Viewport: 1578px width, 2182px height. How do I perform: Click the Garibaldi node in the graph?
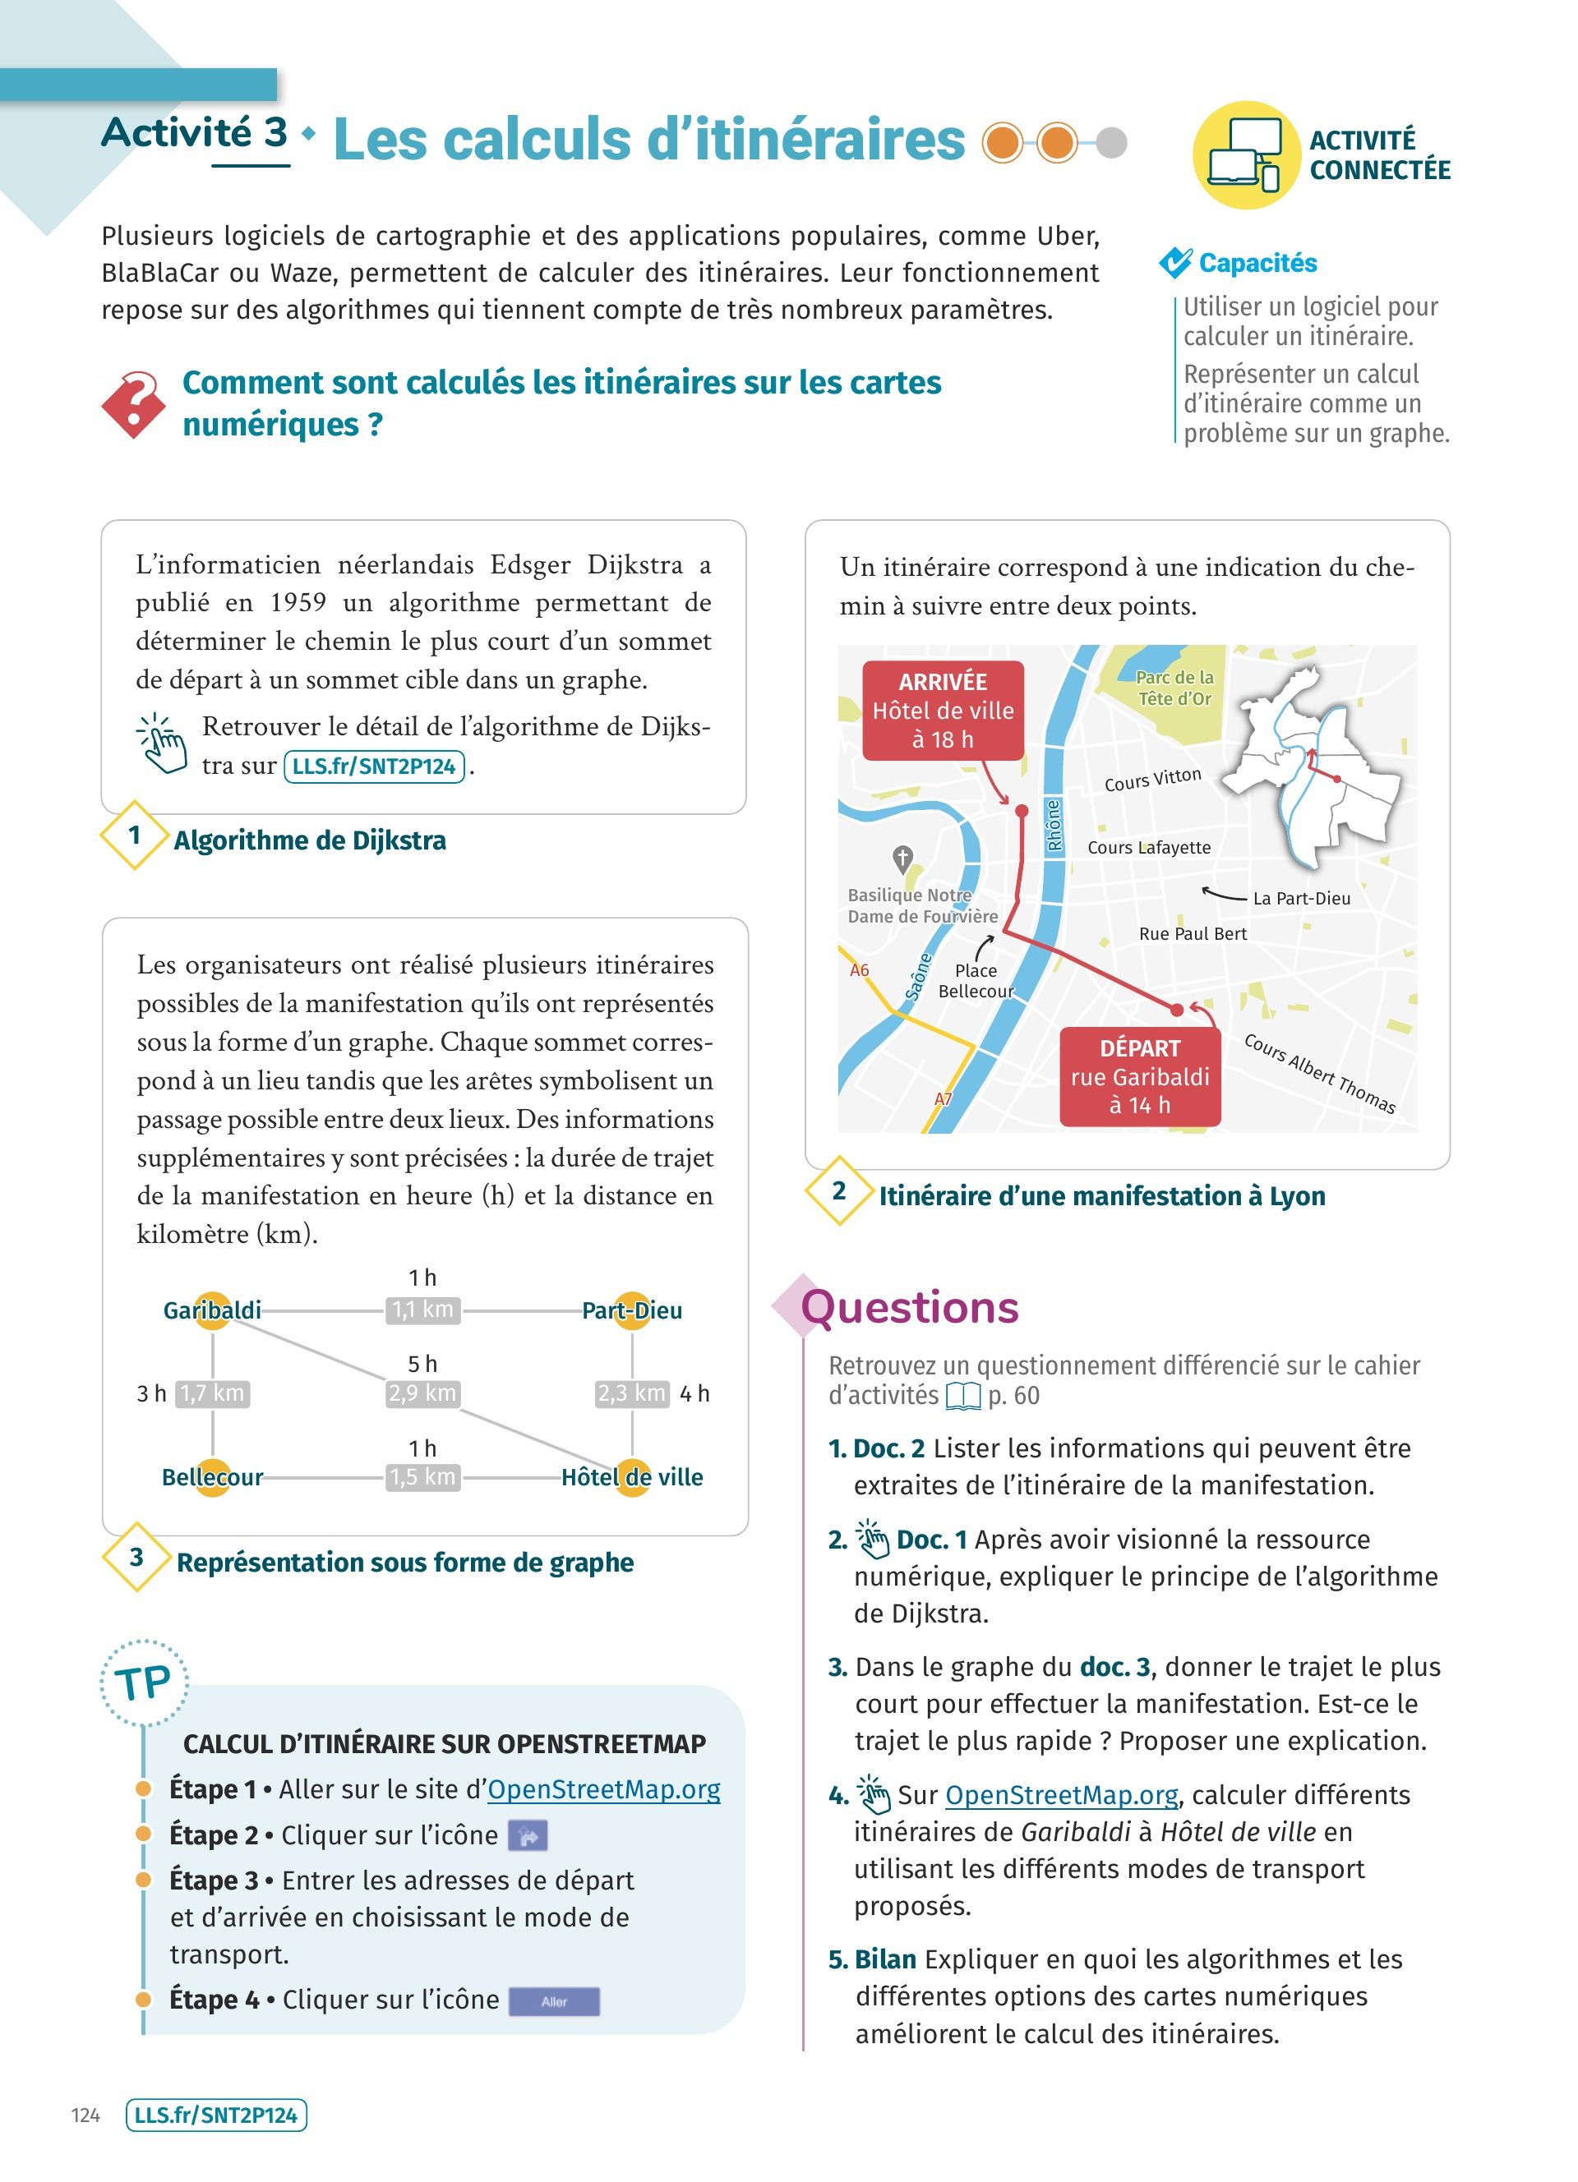(213, 1310)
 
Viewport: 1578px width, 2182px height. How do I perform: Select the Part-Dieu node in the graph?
(632, 1310)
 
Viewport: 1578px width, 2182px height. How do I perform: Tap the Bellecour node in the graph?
(213, 1477)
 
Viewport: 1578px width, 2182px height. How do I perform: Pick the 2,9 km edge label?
(422, 1393)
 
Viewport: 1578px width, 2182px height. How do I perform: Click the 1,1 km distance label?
(422, 1310)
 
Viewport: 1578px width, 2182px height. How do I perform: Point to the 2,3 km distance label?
(632, 1393)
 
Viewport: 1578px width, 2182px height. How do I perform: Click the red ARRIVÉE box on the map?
(942, 710)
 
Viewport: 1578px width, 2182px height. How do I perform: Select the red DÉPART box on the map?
(1139, 1076)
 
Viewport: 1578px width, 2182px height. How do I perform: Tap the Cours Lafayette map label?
(1149, 848)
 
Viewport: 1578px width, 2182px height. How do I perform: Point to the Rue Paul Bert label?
(1193, 934)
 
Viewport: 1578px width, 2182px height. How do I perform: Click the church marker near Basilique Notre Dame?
(902, 856)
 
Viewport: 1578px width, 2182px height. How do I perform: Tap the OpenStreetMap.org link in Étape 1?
(603, 1789)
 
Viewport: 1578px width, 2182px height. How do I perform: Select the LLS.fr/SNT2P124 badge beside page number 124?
(216, 2115)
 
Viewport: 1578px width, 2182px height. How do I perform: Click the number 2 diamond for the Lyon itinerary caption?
(839, 1191)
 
